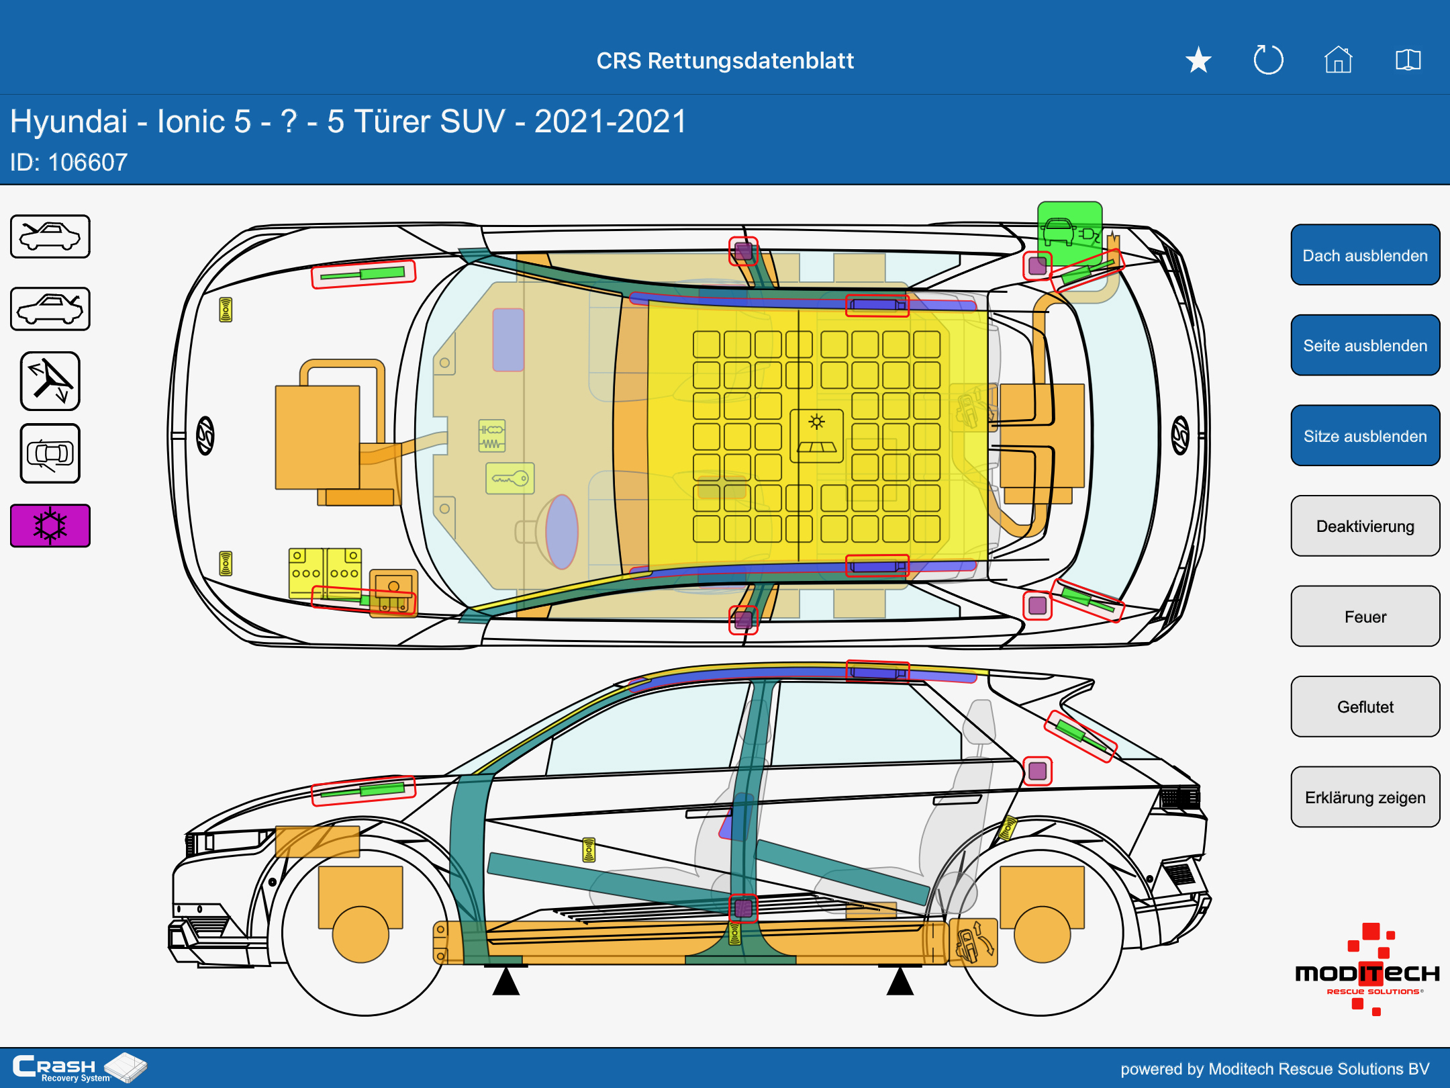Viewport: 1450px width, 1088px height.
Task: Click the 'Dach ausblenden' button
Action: (x=1365, y=255)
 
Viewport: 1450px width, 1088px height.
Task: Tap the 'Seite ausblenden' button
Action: (x=1365, y=345)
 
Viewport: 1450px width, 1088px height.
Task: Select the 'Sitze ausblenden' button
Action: (x=1365, y=436)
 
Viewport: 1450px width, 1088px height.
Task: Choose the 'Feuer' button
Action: (x=1365, y=617)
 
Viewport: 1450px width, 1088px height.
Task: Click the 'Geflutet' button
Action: (x=1365, y=707)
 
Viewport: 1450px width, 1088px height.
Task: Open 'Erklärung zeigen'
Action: (x=1365, y=797)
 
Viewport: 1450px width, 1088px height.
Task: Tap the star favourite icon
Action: (x=1198, y=60)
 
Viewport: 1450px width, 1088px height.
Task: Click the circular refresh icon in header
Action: (x=1268, y=60)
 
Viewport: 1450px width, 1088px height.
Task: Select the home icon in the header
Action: (x=1338, y=60)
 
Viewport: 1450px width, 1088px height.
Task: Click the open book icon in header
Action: (x=1408, y=60)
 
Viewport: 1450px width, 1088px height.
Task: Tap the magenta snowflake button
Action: (x=50, y=525)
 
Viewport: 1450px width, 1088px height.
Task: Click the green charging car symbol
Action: (x=1069, y=232)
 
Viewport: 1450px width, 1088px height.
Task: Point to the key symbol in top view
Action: (x=510, y=479)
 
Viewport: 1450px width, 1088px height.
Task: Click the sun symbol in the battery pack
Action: (x=816, y=422)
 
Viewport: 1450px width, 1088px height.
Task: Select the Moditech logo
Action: (x=1367, y=970)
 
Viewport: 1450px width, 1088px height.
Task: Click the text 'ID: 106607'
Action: (x=68, y=162)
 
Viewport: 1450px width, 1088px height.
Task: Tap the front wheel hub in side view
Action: (x=360, y=934)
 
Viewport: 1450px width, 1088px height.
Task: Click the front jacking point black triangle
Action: (x=506, y=981)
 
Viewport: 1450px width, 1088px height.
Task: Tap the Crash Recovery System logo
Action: (x=79, y=1067)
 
